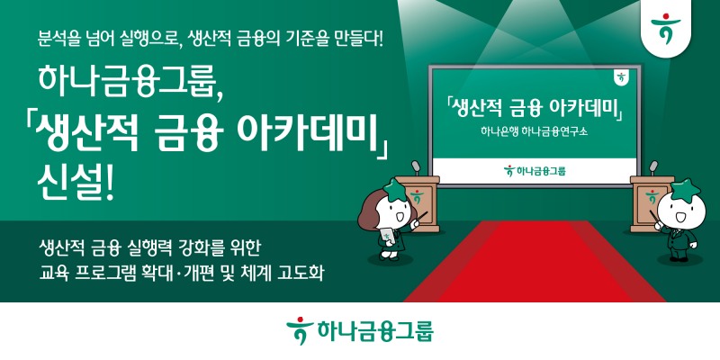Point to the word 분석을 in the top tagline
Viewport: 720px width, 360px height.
[x=58, y=40]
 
